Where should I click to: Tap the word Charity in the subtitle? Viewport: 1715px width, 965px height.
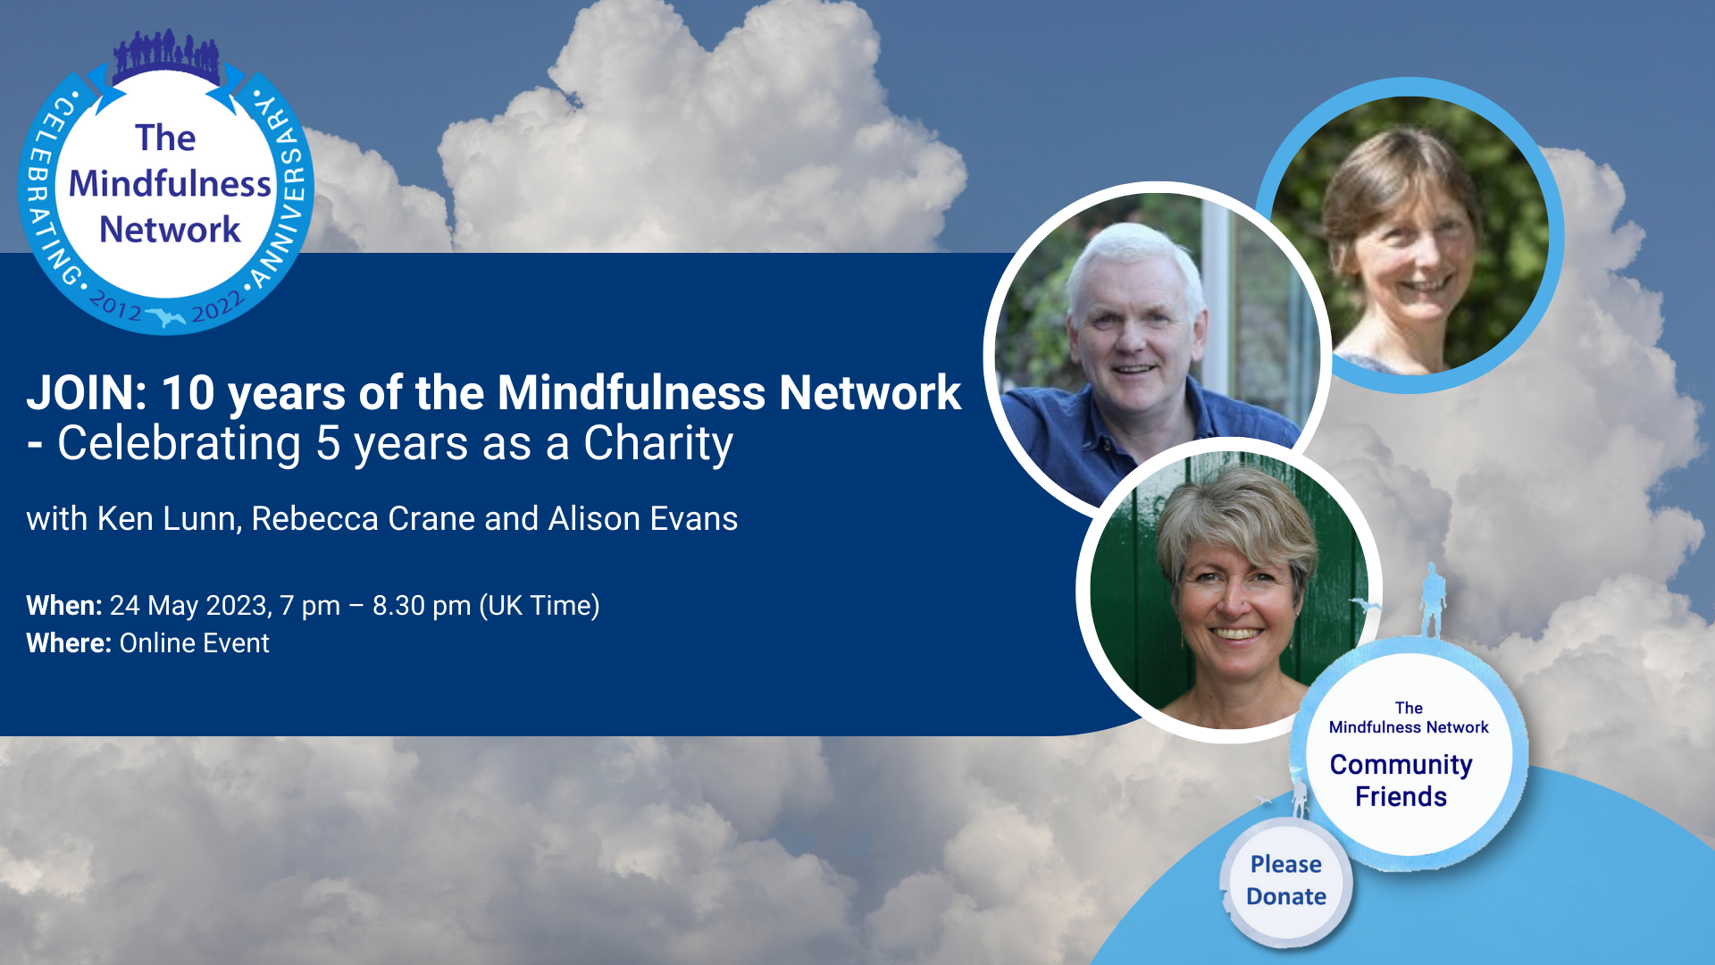coord(658,444)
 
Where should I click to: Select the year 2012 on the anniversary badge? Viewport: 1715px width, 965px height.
coord(116,306)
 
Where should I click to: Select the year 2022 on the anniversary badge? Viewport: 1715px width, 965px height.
coord(217,306)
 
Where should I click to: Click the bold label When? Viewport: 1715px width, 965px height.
coord(64,606)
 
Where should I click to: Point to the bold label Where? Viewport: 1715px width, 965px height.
coord(69,643)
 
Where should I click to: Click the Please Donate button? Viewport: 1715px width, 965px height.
coord(1286,881)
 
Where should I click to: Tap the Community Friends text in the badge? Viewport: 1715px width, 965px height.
coord(1401,781)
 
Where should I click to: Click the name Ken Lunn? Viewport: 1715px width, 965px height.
coord(169,519)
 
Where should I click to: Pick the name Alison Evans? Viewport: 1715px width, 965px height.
coord(643,519)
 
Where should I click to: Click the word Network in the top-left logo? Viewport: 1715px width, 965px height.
coord(170,230)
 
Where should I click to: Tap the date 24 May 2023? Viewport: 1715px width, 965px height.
coord(190,606)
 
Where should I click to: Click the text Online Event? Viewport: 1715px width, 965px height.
coord(194,643)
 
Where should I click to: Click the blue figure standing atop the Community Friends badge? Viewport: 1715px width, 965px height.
coord(1433,600)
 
